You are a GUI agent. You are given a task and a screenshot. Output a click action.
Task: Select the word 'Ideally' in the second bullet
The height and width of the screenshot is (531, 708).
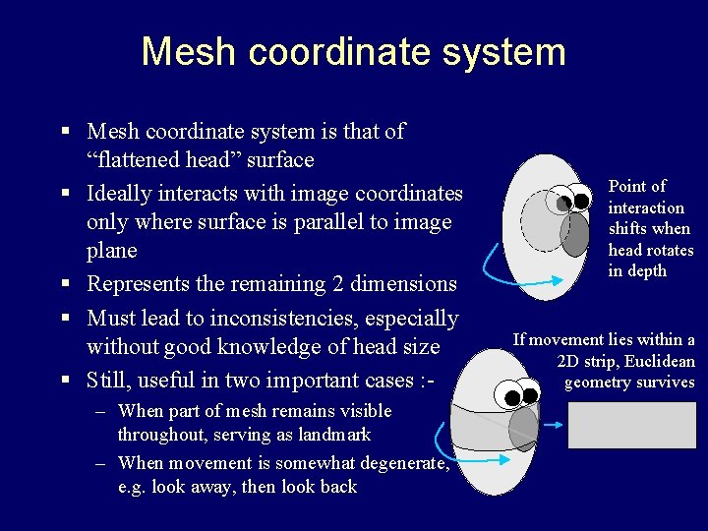pos(119,194)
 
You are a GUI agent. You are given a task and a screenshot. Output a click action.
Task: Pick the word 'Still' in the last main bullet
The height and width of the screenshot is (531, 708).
pos(109,380)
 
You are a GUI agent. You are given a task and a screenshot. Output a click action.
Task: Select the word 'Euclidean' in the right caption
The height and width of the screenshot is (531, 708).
pos(656,361)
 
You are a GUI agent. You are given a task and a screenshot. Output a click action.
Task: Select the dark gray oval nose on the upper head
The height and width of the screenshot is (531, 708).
pos(574,234)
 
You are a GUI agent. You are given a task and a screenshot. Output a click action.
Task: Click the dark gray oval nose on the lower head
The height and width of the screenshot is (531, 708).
pos(524,429)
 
